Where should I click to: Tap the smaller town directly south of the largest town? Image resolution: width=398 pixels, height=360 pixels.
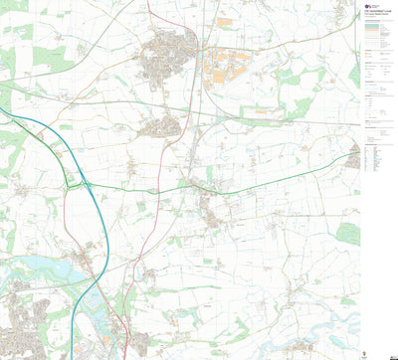[162, 125]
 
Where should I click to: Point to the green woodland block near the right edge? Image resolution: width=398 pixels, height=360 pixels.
[346, 233]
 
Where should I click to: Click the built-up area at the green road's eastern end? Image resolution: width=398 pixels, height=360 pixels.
[353, 156]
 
